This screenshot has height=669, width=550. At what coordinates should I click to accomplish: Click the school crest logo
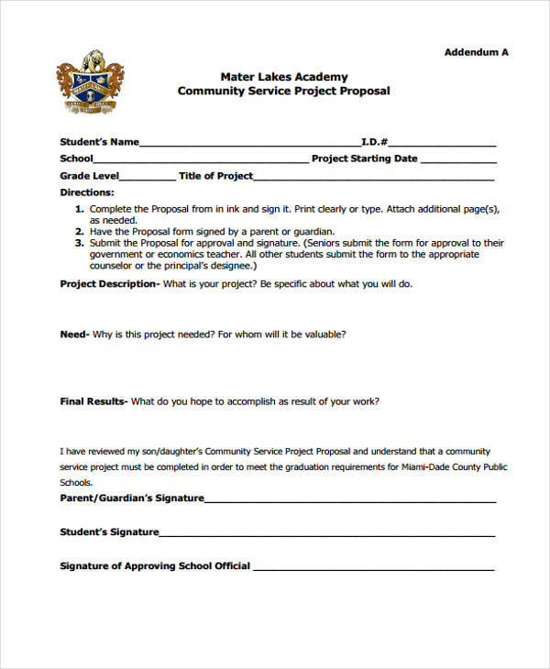pyautogui.click(x=89, y=82)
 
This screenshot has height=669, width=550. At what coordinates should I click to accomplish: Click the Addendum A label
pyautogui.click(x=476, y=52)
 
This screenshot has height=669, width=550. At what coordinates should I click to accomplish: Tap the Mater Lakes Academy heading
pyautogui.click(x=283, y=77)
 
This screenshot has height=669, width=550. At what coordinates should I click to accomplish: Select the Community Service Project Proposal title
pyautogui.click(x=283, y=92)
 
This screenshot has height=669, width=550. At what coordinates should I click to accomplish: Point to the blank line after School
pyautogui.click(x=201, y=161)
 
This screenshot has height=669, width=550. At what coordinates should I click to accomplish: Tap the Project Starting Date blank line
pyautogui.click(x=457, y=161)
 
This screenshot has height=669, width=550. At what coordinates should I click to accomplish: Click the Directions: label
pyautogui.click(x=87, y=192)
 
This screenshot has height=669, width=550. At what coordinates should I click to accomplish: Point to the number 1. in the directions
pyautogui.click(x=79, y=209)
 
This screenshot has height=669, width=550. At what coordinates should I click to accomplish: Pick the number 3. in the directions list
pyautogui.click(x=79, y=244)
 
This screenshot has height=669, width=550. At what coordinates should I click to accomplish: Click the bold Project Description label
pyautogui.click(x=109, y=284)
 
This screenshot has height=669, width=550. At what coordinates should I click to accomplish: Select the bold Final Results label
pyautogui.click(x=93, y=401)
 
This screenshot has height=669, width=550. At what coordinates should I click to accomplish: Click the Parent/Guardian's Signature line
pyautogui.click(x=350, y=501)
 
